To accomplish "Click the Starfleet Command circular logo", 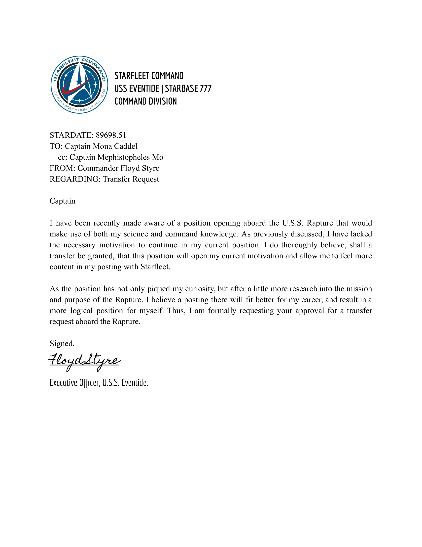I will [x=79, y=85].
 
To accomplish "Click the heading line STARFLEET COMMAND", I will [x=149, y=76].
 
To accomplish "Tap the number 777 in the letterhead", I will [x=206, y=89].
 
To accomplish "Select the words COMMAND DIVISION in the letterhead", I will [x=145, y=101].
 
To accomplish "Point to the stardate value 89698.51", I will [x=111, y=135].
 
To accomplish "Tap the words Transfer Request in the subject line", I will [x=131, y=179].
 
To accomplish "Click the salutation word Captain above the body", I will [x=63, y=201].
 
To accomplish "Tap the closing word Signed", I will [x=62, y=344].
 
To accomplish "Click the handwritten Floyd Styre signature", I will [x=84, y=361].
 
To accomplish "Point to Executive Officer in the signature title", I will [x=75, y=383].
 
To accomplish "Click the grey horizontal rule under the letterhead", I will [x=243, y=115].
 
